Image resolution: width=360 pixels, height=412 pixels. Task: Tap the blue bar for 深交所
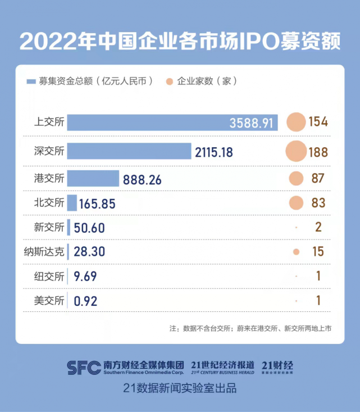pyautogui.click(x=129, y=152)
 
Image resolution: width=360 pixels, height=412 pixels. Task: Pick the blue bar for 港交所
pyautogui.click(x=93, y=179)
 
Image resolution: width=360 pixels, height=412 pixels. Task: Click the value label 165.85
pyautogui.click(x=98, y=203)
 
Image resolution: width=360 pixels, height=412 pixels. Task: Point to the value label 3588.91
pyautogui.click(x=252, y=123)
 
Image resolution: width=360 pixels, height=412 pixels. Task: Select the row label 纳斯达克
pyautogui.click(x=49, y=251)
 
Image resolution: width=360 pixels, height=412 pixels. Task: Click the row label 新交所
pyautogui.click(x=50, y=227)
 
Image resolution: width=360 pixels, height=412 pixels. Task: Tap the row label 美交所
pyautogui.click(x=50, y=300)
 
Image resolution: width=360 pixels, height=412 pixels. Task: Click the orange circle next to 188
pyautogui.click(x=295, y=152)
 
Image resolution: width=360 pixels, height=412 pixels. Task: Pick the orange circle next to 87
pyautogui.click(x=296, y=179)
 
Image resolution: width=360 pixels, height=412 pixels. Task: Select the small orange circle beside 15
pyautogui.click(x=296, y=251)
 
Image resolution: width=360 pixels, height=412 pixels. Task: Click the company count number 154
pyautogui.click(x=317, y=122)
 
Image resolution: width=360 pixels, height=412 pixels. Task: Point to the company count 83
pyautogui.click(x=318, y=203)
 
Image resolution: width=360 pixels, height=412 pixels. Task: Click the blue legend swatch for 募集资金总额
pyautogui.click(x=31, y=82)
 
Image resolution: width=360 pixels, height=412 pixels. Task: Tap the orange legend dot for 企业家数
pyautogui.click(x=169, y=82)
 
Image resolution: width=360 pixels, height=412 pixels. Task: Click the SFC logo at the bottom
pyautogui.click(x=84, y=367)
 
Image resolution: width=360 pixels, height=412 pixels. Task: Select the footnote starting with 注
pyautogui.click(x=250, y=328)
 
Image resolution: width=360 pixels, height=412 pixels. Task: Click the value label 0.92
pyautogui.click(x=86, y=301)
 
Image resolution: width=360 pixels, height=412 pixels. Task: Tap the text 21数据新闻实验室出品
pyautogui.click(x=180, y=388)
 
